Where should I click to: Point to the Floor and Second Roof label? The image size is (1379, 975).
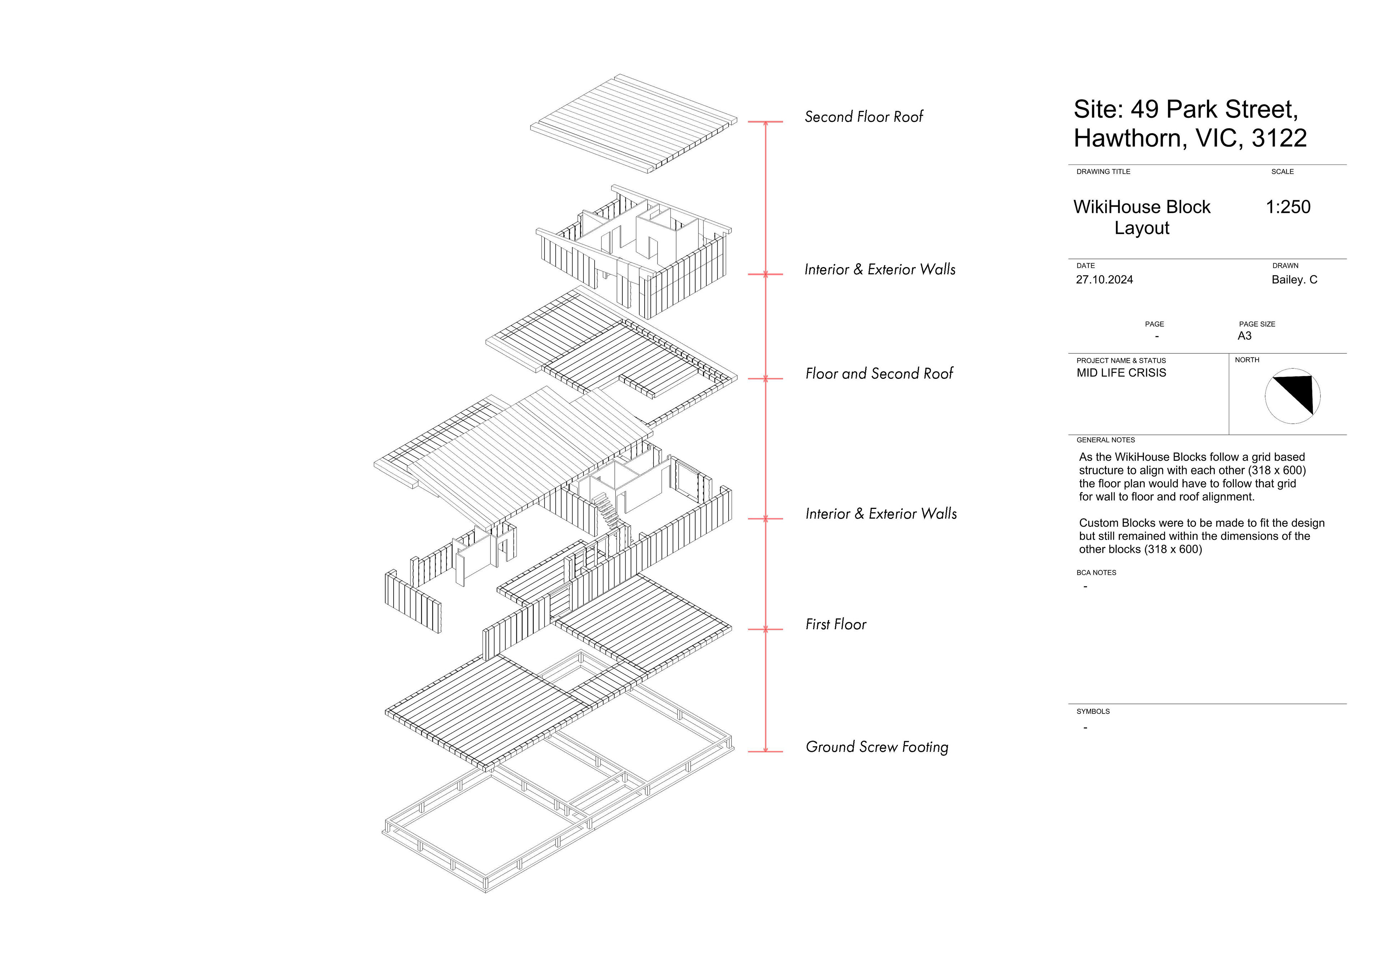879,373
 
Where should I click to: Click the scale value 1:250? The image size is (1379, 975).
1288,207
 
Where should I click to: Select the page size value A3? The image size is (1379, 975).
1244,336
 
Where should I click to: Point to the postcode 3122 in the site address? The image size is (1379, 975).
1279,138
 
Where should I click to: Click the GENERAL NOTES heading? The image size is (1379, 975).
1105,440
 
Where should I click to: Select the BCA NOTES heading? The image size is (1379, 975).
1096,572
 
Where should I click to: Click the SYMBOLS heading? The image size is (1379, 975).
1092,711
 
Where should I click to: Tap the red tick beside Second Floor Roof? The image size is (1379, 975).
765,122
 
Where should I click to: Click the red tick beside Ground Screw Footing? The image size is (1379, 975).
765,751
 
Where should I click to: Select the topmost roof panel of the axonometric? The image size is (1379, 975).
633,124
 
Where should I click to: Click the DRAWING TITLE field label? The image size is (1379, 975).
1103,172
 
